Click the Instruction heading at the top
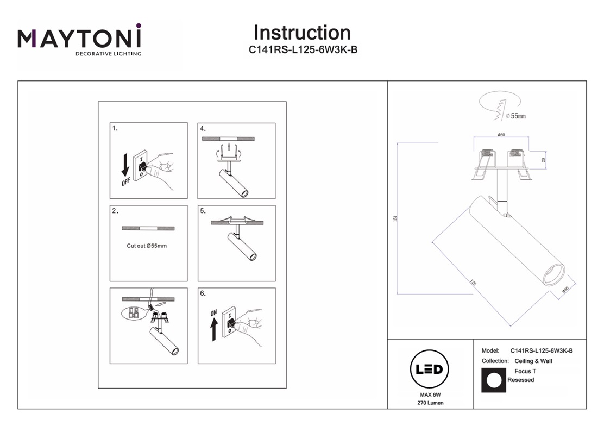click(302, 33)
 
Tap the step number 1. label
click(115, 129)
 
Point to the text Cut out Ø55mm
click(147, 246)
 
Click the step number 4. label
click(203, 129)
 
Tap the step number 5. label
click(203, 211)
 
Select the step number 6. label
click(203, 293)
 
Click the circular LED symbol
click(429, 370)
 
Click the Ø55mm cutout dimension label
click(515, 116)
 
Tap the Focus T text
click(525, 371)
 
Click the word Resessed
click(521, 380)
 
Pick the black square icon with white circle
click(494, 380)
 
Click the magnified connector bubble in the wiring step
click(133, 313)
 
